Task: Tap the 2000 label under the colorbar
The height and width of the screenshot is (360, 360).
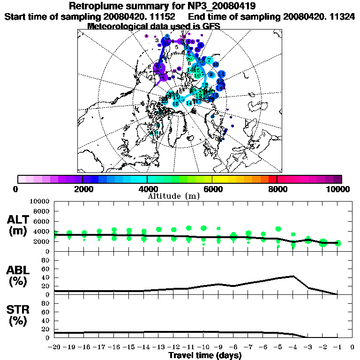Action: tap(82, 189)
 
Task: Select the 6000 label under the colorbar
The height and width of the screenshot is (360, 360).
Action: tap(212, 189)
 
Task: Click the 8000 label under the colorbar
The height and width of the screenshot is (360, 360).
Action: tap(277, 189)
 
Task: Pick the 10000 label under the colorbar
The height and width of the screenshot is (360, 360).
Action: tap(339, 189)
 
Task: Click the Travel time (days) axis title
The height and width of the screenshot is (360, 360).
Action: tap(205, 355)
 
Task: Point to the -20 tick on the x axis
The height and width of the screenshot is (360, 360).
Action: tap(54, 348)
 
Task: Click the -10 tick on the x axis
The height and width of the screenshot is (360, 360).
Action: tap(203, 348)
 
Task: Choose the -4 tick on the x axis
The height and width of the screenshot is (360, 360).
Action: tap(292, 348)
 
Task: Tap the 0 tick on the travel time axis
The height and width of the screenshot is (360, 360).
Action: tap(352, 348)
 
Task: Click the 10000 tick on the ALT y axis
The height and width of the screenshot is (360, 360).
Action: tap(40, 201)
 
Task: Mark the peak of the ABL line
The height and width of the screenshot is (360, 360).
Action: tap(293, 276)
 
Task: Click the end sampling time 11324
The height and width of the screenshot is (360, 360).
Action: tap(342, 16)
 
